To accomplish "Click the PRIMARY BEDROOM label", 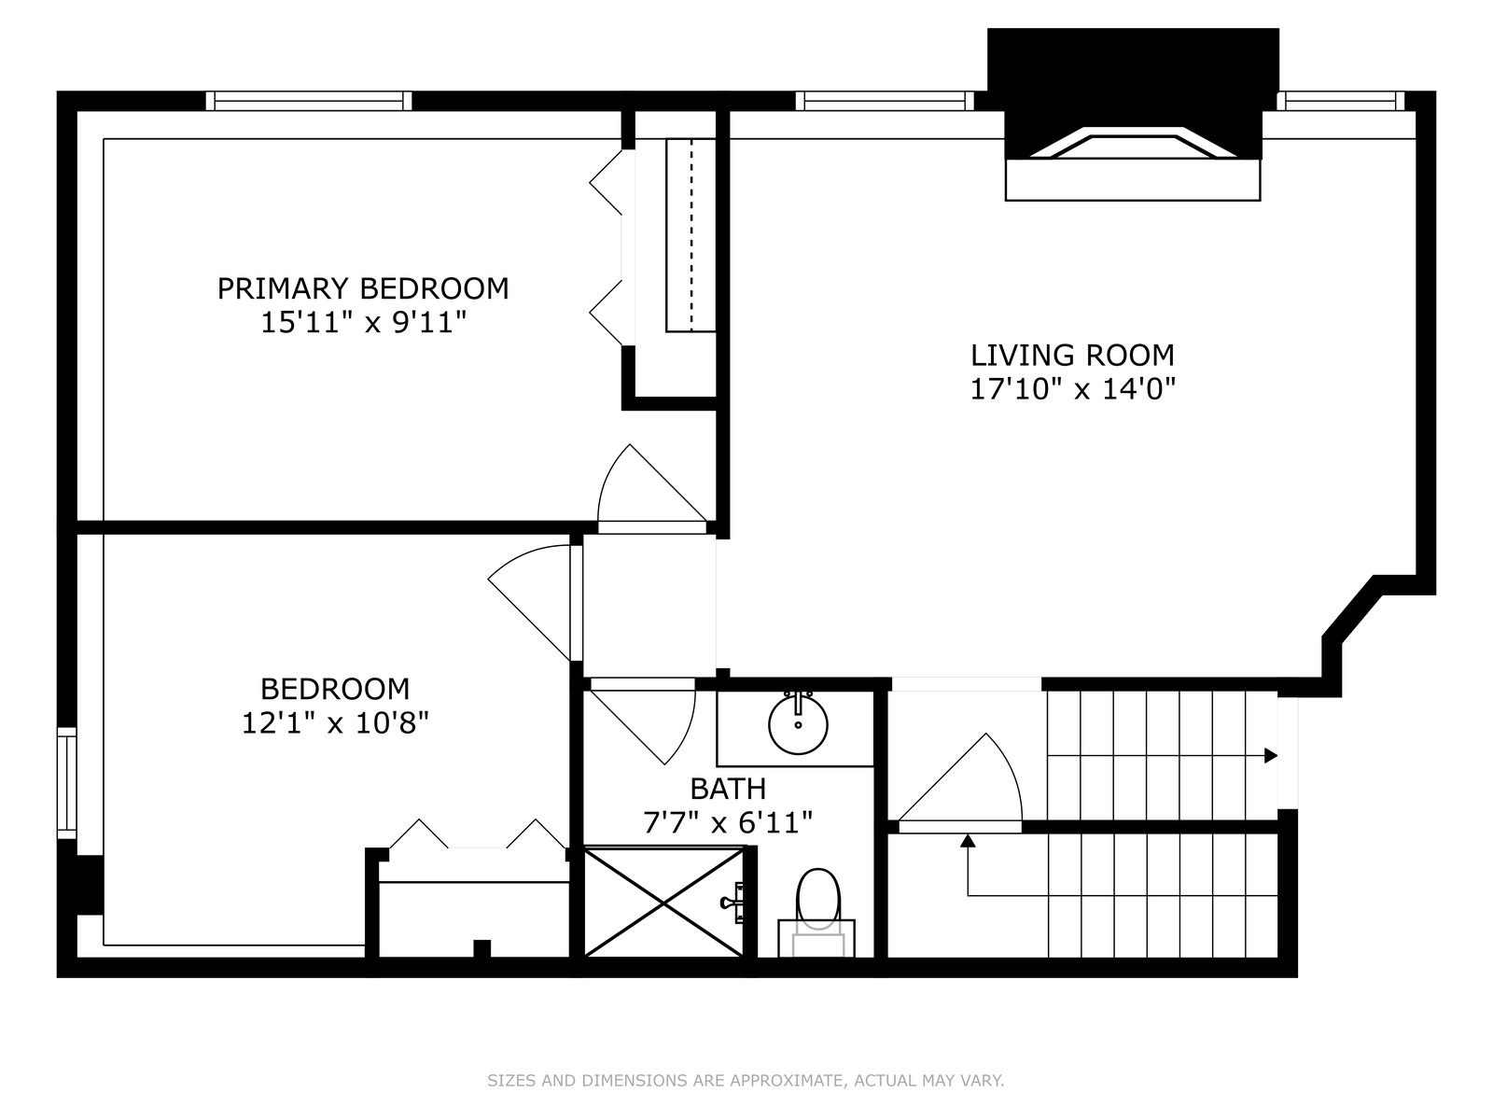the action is [x=363, y=289].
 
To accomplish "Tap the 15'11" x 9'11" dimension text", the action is [x=364, y=322].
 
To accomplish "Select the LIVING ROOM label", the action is [x=1072, y=356].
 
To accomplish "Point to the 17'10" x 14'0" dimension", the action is [x=1073, y=389].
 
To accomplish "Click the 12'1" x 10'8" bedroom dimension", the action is [x=335, y=722].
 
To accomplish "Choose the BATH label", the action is [x=728, y=789].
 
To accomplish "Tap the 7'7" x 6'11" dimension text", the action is [x=728, y=823].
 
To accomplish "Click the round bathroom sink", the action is [x=798, y=723].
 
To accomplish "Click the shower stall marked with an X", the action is [x=664, y=902].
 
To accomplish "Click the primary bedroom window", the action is [x=309, y=101].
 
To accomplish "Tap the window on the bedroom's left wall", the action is [x=66, y=783].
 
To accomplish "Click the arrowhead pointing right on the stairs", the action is [x=1271, y=755].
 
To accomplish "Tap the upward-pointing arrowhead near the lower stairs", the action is [x=968, y=841].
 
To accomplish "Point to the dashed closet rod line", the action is [x=691, y=234].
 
